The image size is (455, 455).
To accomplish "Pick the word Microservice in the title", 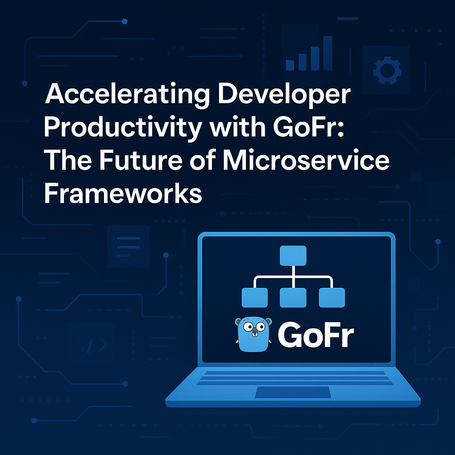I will (x=305, y=161).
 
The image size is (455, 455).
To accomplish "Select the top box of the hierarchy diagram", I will (x=293, y=255).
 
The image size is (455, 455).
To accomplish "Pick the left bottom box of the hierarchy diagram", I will (x=255, y=297).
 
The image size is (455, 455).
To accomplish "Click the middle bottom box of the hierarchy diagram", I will (x=293, y=297).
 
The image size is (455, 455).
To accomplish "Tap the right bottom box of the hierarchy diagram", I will (x=332, y=297).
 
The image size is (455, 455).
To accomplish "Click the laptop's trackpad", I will (x=293, y=393).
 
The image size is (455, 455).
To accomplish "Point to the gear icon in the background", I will (x=385, y=70).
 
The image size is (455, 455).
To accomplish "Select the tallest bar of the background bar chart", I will (x=328, y=53).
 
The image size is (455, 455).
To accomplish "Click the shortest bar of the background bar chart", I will (x=291, y=65).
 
